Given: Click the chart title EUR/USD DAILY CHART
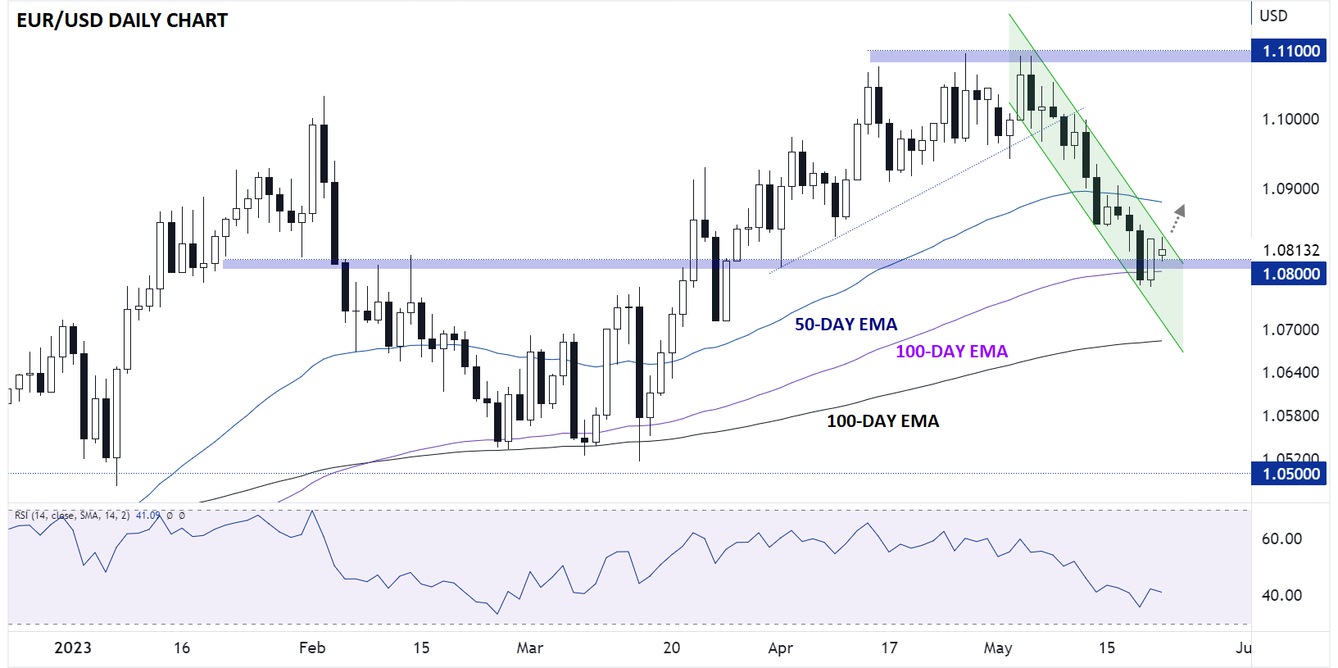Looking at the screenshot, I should pyautogui.click(x=122, y=20).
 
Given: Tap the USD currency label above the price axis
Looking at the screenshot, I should pyautogui.click(x=1273, y=16).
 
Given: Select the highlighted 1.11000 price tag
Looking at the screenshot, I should pyautogui.click(x=1290, y=51).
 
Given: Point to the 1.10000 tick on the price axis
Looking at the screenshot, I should pyautogui.click(x=1290, y=119).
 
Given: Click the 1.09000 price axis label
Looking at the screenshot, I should pyautogui.click(x=1290, y=189).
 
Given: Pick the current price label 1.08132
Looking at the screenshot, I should pyautogui.click(x=1290, y=250).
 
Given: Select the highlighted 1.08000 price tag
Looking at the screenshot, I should pyautogui.click(x=1290, y=274).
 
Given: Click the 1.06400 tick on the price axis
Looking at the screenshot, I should pyautogui.click(x=1290, y=372).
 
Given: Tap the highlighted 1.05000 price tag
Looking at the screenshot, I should pyautogui.click(x=1290, y=474).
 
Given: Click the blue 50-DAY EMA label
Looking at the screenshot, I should pyautogui.click(x=846, y=325).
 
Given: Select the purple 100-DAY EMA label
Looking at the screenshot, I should pyautogui.click(x=951, y=352).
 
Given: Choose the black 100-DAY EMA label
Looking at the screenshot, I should pyautogui.click(x=882, y=421).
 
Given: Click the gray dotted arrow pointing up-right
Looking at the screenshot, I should pyautogui.click(x=1177, y=218).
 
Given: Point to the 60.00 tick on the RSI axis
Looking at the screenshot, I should pyautogui.click(x=1281, y=538).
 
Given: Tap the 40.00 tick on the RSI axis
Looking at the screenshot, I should pyautogui.click(x=1281, y=595).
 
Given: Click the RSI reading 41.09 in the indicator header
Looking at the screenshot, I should pyautogui.click(x=147, y=516).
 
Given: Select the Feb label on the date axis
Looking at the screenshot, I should pyautogui.click(x=312, y=648).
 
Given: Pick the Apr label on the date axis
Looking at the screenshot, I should pyautogui.click(x=780, y=648).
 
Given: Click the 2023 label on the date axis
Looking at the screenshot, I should pyautogui.click(x=73, y=648).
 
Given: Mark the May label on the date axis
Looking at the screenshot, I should pyautogui.click(x=997, y=648).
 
